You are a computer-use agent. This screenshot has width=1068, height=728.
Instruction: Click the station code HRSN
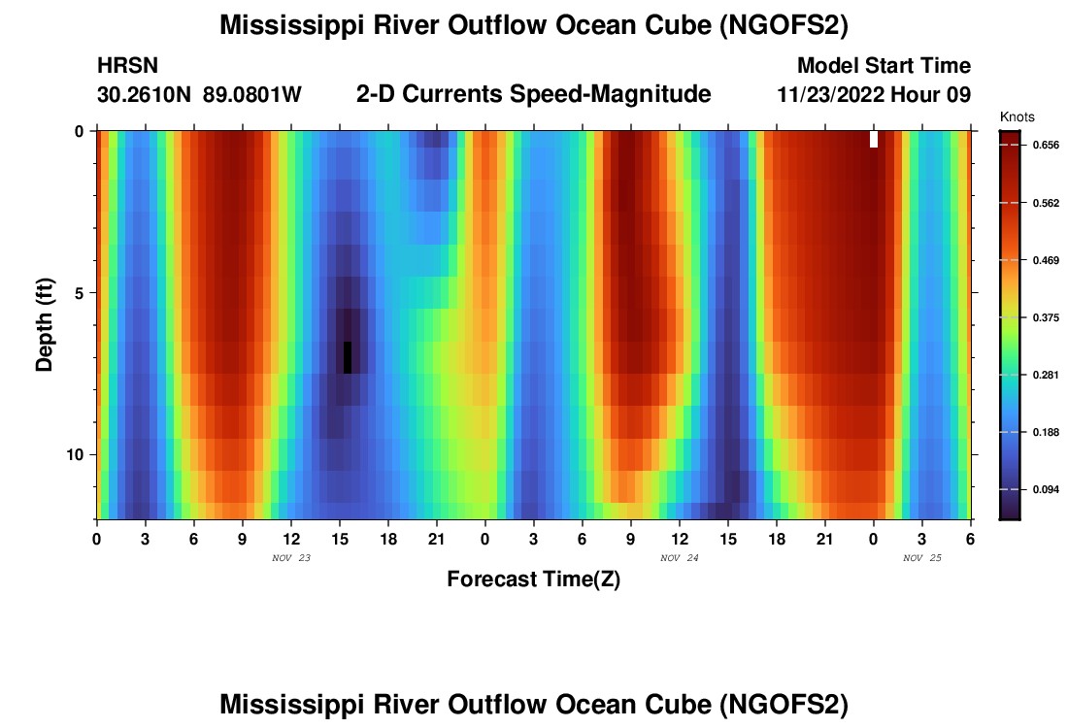(127, 66)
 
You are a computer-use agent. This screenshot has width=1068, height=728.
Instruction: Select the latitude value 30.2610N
(145, 95)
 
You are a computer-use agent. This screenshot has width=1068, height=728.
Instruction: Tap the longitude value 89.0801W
(252, 95)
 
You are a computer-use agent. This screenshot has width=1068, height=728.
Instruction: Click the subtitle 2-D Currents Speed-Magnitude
(534, 94)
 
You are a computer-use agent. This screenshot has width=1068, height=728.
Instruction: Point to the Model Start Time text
(884, 66)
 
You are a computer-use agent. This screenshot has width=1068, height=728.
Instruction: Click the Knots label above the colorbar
(1017, 116)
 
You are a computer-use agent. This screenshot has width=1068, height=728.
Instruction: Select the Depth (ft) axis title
(45, 325)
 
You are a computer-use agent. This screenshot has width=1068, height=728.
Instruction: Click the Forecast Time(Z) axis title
(533, 579)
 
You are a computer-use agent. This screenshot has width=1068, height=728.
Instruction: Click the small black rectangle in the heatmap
(348, 357)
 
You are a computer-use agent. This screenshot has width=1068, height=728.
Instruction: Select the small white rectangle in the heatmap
(874, 139)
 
